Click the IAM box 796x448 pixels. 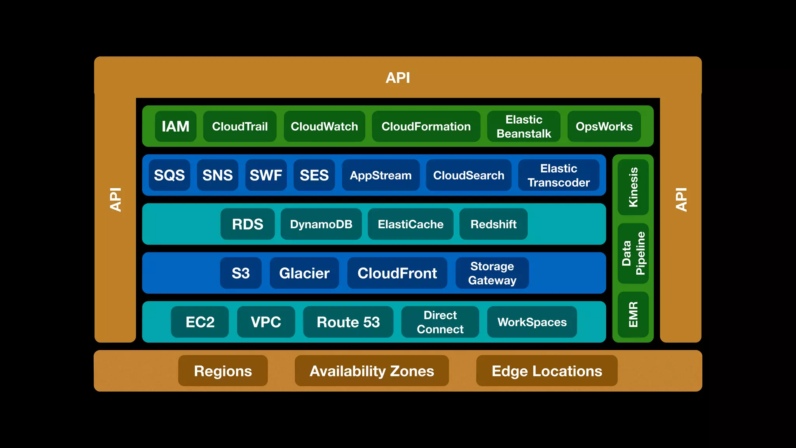[175, 126]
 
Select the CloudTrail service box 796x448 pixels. [240, 126]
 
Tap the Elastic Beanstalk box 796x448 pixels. [524, 126]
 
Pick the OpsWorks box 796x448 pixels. [604, 126]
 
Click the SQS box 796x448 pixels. [169, 175]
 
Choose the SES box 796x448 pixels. [314, 175]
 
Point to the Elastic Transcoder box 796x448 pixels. [559, 175]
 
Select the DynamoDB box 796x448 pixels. [321, 224]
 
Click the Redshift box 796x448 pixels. [493, 224]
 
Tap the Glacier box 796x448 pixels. [304, 273]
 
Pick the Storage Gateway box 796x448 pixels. [492, 273]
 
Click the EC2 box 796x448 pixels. [200, 322]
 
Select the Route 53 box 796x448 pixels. [348, 322]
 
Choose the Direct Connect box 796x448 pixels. [440, 322]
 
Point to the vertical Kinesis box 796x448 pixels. [633, 187]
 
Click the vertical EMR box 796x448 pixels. [633, 314]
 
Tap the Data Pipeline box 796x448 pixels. [633, 253]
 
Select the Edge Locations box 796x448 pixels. [546, 371]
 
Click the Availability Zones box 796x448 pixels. [372, 371]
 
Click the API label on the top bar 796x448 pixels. [398, 78]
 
